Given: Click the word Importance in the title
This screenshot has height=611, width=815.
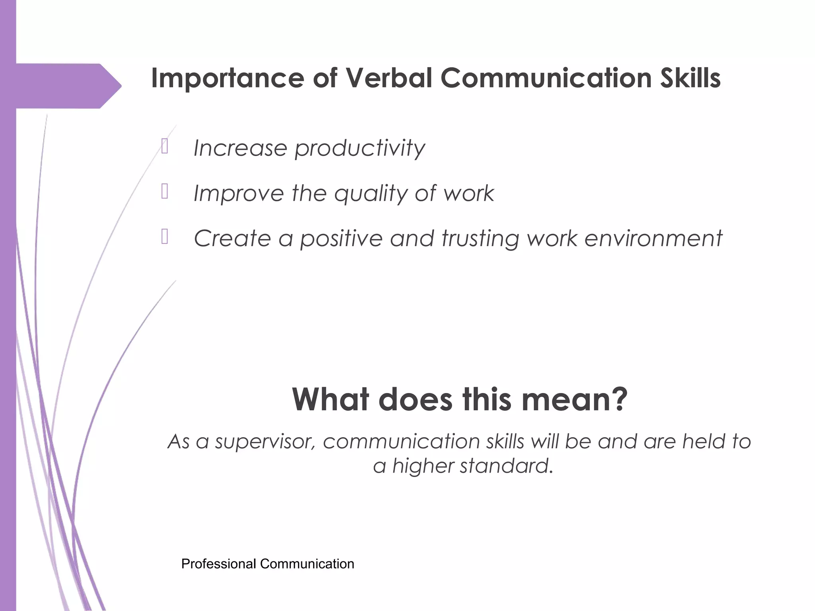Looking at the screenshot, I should click(228, 78).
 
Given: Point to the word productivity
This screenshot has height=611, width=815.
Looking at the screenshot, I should click(360, 149).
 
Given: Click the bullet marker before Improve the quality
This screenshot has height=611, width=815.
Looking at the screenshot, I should click(165, 191).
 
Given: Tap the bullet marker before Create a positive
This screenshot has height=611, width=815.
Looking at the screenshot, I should click(165, 237).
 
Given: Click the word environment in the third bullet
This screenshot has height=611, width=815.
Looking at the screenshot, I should click(653, 239).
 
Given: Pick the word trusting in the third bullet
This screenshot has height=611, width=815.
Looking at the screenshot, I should click(480, 239).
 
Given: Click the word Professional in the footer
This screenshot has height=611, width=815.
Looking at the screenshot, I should click(218, 564).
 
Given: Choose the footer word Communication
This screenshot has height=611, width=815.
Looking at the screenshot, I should click(307, 564).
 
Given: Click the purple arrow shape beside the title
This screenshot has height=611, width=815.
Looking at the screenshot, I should click(68, 86).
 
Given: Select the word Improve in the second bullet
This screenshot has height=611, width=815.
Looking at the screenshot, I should click(238, 194).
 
